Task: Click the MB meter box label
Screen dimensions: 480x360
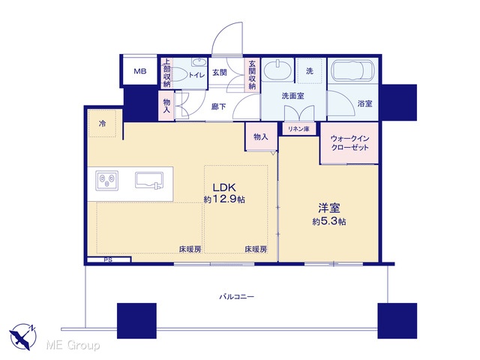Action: pos(140,71)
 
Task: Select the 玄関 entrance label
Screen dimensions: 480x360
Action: pos(220,73)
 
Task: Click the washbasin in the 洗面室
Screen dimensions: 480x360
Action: pos(278,70)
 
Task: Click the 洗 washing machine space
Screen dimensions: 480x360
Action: pos(310,70)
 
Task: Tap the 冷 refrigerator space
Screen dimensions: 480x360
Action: pos(102,124)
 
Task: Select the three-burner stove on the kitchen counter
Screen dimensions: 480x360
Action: pos(106,180)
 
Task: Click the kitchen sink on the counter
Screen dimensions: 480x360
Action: pos(149,180)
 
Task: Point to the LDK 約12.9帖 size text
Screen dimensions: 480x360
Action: pos(224,193)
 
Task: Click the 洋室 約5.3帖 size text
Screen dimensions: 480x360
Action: pos(329,214)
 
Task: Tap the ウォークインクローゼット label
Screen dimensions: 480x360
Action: pos(349,143)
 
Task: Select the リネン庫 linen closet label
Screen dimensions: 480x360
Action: pos(298,129)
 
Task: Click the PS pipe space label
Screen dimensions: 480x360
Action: pos(108,260)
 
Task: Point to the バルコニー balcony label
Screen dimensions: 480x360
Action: pos(237,297)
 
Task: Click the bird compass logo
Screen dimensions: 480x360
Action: pos(22,337)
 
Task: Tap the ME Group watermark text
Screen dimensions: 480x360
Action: pos(73,345)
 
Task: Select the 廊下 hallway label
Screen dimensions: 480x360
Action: pos(218,106)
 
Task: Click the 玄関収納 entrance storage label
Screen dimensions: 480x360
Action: pos(252,75)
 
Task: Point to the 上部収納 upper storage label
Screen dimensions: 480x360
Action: pos(166,73)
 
